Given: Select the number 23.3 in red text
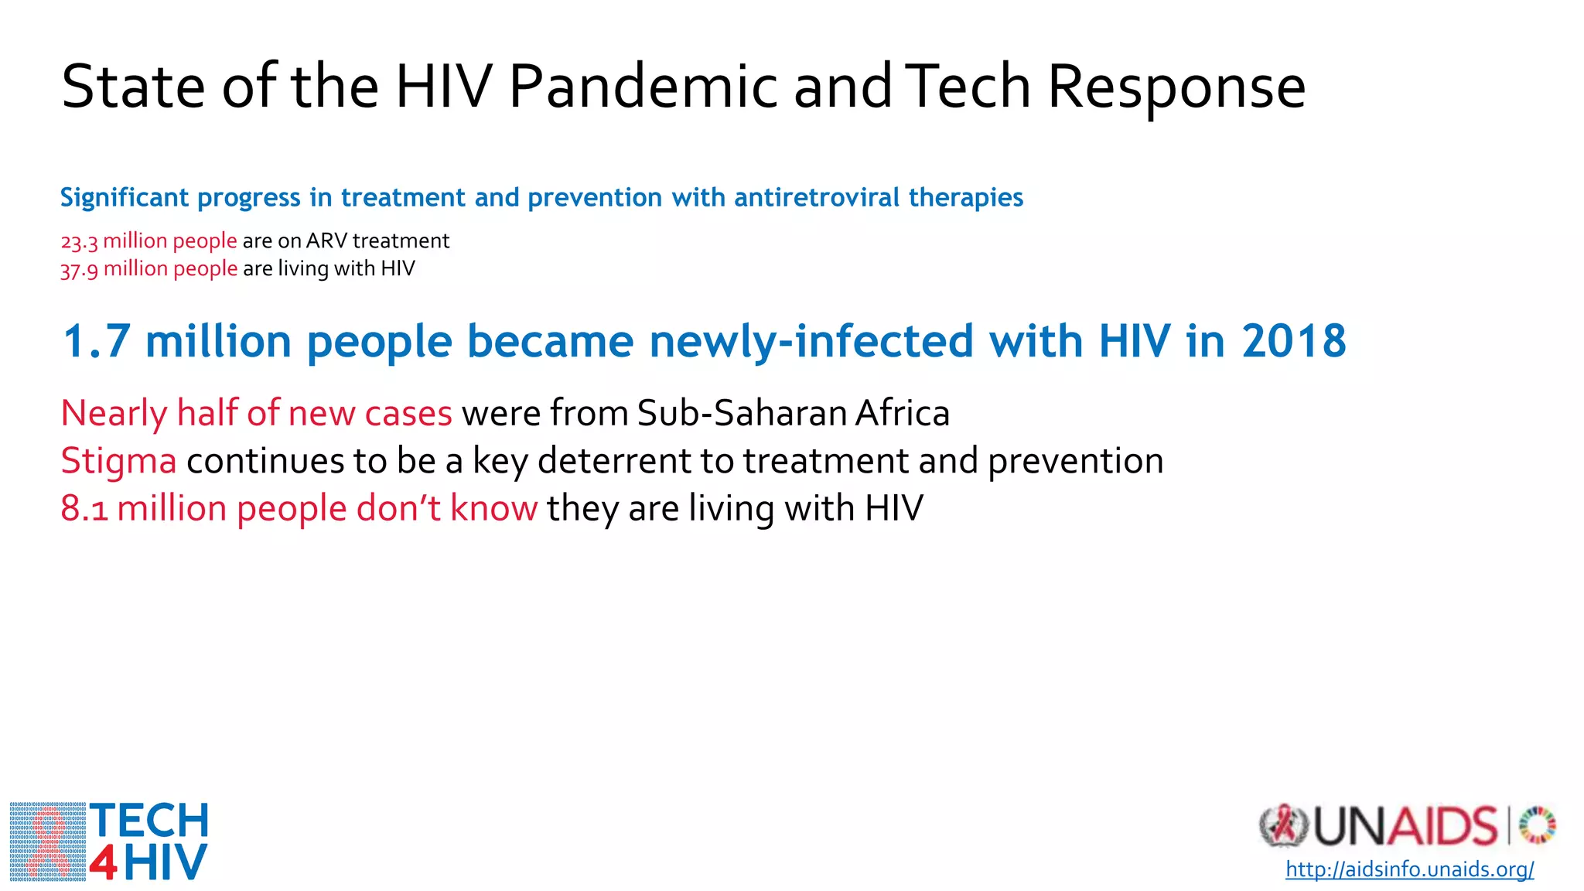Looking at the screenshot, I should point(79,242).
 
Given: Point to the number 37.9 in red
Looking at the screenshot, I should point(79,270).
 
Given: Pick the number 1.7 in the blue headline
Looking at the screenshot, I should point(96,341).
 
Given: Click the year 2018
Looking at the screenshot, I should point(1293,341).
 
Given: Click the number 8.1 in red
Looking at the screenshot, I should point(84,510).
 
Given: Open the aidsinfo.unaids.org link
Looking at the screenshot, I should point(1409,869).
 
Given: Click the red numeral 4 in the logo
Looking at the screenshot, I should point(104,863).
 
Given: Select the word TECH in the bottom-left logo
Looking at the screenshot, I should point(149,821).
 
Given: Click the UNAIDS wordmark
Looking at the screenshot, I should point(1405,827).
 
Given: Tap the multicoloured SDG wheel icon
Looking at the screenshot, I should point(1537,825).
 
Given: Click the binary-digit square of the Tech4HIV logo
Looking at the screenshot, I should point(48,841).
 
